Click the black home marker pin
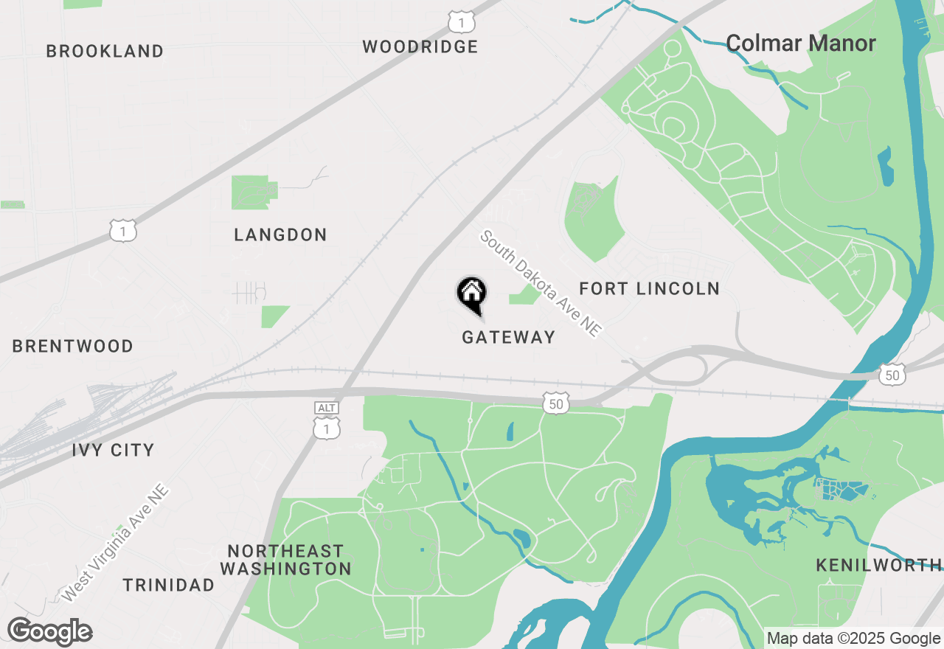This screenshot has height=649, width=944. pos(472,294)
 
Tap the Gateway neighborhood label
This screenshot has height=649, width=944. pos(508,337)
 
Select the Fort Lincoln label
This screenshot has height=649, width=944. pos(649,288)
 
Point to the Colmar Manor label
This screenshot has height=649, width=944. pos(801,44)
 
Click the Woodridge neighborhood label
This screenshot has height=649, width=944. pos(420,47)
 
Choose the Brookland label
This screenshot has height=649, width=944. pos(105,52)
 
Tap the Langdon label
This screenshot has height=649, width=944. pos(280,235)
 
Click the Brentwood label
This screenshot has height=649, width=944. pos(73,347)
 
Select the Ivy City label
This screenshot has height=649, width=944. pos(113,450)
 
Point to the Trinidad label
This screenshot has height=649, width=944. pos(169,586)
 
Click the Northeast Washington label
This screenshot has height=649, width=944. pos(285,560)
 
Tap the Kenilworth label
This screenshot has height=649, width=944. pos(878,566)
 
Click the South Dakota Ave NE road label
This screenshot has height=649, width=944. pos(541,284)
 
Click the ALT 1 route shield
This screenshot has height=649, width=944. pos(326,420)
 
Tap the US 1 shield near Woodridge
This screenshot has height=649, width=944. pos(461,21)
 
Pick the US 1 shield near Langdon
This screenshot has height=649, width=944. pos(123,230)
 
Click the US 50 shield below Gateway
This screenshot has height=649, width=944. pos(556,403)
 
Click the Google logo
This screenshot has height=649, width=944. pos(49,632)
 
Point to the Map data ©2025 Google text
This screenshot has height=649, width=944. pos(853,639)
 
